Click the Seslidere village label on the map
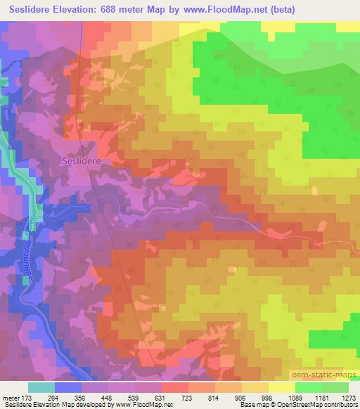[83, 160]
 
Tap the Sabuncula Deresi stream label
[32, 249]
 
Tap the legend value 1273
[346, 396]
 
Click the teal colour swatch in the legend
[41, 387]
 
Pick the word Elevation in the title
[77, 10]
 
